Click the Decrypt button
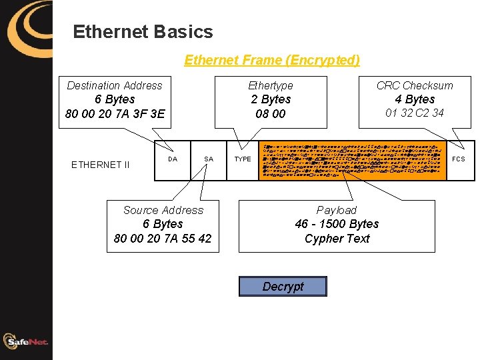[283, 287]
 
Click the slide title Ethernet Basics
[143, 32]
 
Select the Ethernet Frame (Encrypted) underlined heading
[271, 60]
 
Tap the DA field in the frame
[173, 159]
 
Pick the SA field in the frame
[209, 159]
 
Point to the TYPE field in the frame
[243, 159]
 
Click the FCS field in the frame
[459, 159]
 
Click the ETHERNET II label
[101, 165]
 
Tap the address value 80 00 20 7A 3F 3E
[115, 114]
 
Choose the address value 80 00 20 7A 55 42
[163, 239]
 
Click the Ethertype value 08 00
[271, 114]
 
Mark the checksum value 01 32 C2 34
[415, 113]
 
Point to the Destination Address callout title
[115, 85]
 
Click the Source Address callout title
[163, 210]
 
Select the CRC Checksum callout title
[415, 85]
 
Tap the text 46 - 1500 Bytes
[337, 224]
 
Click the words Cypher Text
[337, 239]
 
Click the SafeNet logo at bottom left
[26, 342]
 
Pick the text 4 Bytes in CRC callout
[415, 99]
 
